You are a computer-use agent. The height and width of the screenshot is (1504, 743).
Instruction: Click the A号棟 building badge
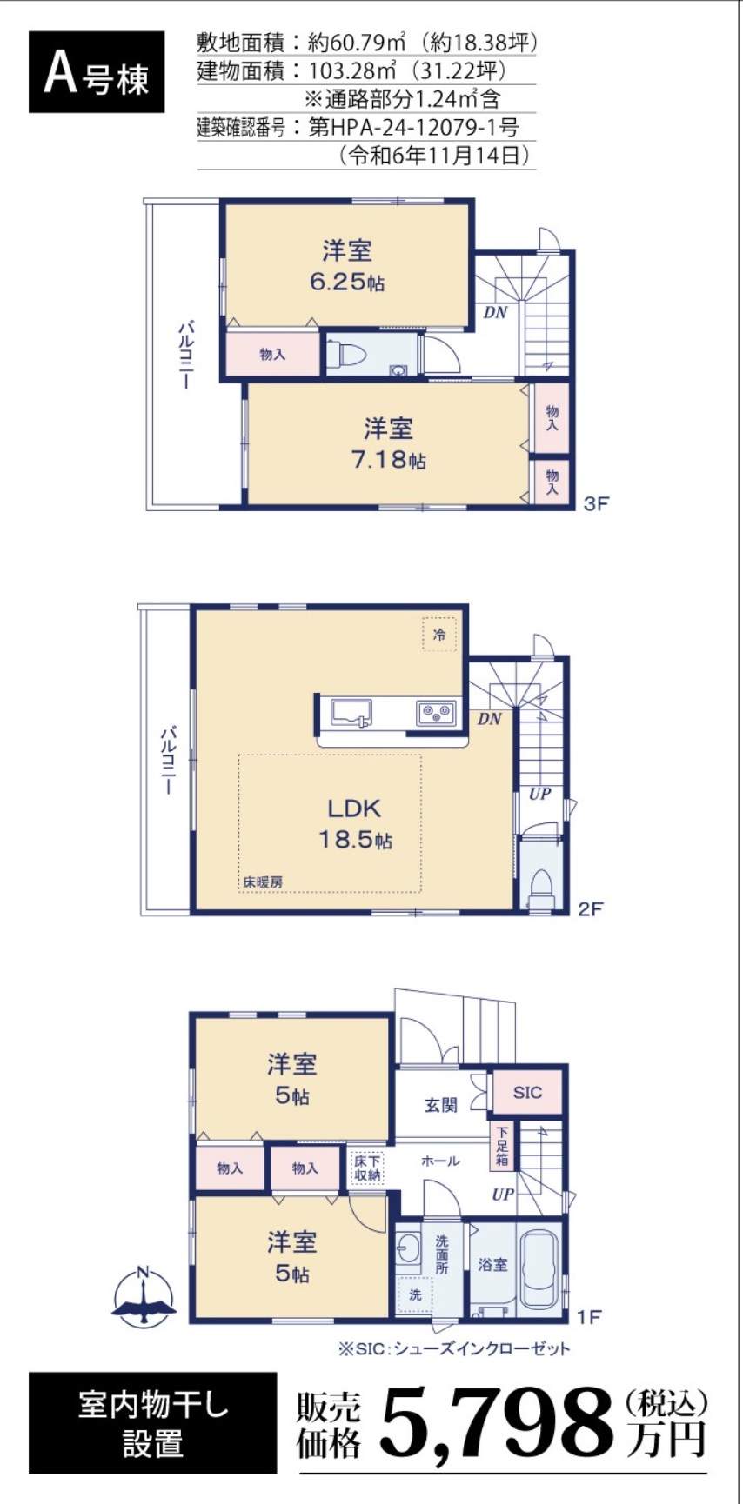coord(97,73)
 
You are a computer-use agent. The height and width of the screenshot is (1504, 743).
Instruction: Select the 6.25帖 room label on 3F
coord(347,266)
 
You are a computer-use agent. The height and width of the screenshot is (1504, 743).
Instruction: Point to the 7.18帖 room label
coord(388,443)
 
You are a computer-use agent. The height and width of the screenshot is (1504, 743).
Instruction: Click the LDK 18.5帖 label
coord(355,823)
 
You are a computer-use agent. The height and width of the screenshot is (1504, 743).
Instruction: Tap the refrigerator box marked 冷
coord(439,635)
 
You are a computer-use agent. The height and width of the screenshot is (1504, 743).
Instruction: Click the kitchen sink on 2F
coord(351,713)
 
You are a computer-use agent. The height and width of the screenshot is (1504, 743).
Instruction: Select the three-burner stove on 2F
coord(435,713)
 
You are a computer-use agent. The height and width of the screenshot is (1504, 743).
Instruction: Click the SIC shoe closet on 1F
coord(527,1092)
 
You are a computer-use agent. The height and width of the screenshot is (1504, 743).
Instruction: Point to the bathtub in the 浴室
coord(540,1269)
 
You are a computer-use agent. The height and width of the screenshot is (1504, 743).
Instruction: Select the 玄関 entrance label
coord(440,1106)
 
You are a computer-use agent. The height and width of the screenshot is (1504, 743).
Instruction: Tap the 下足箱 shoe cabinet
coord(502,1146)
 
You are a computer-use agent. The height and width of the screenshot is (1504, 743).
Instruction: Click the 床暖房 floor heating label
coord(262,882)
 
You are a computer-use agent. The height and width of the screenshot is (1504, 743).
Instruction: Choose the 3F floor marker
coord(595,503)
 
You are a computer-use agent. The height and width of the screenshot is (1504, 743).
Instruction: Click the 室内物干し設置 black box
coord(153,1423)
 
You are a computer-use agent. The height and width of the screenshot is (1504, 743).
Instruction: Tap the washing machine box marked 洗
coord(415,1295)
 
